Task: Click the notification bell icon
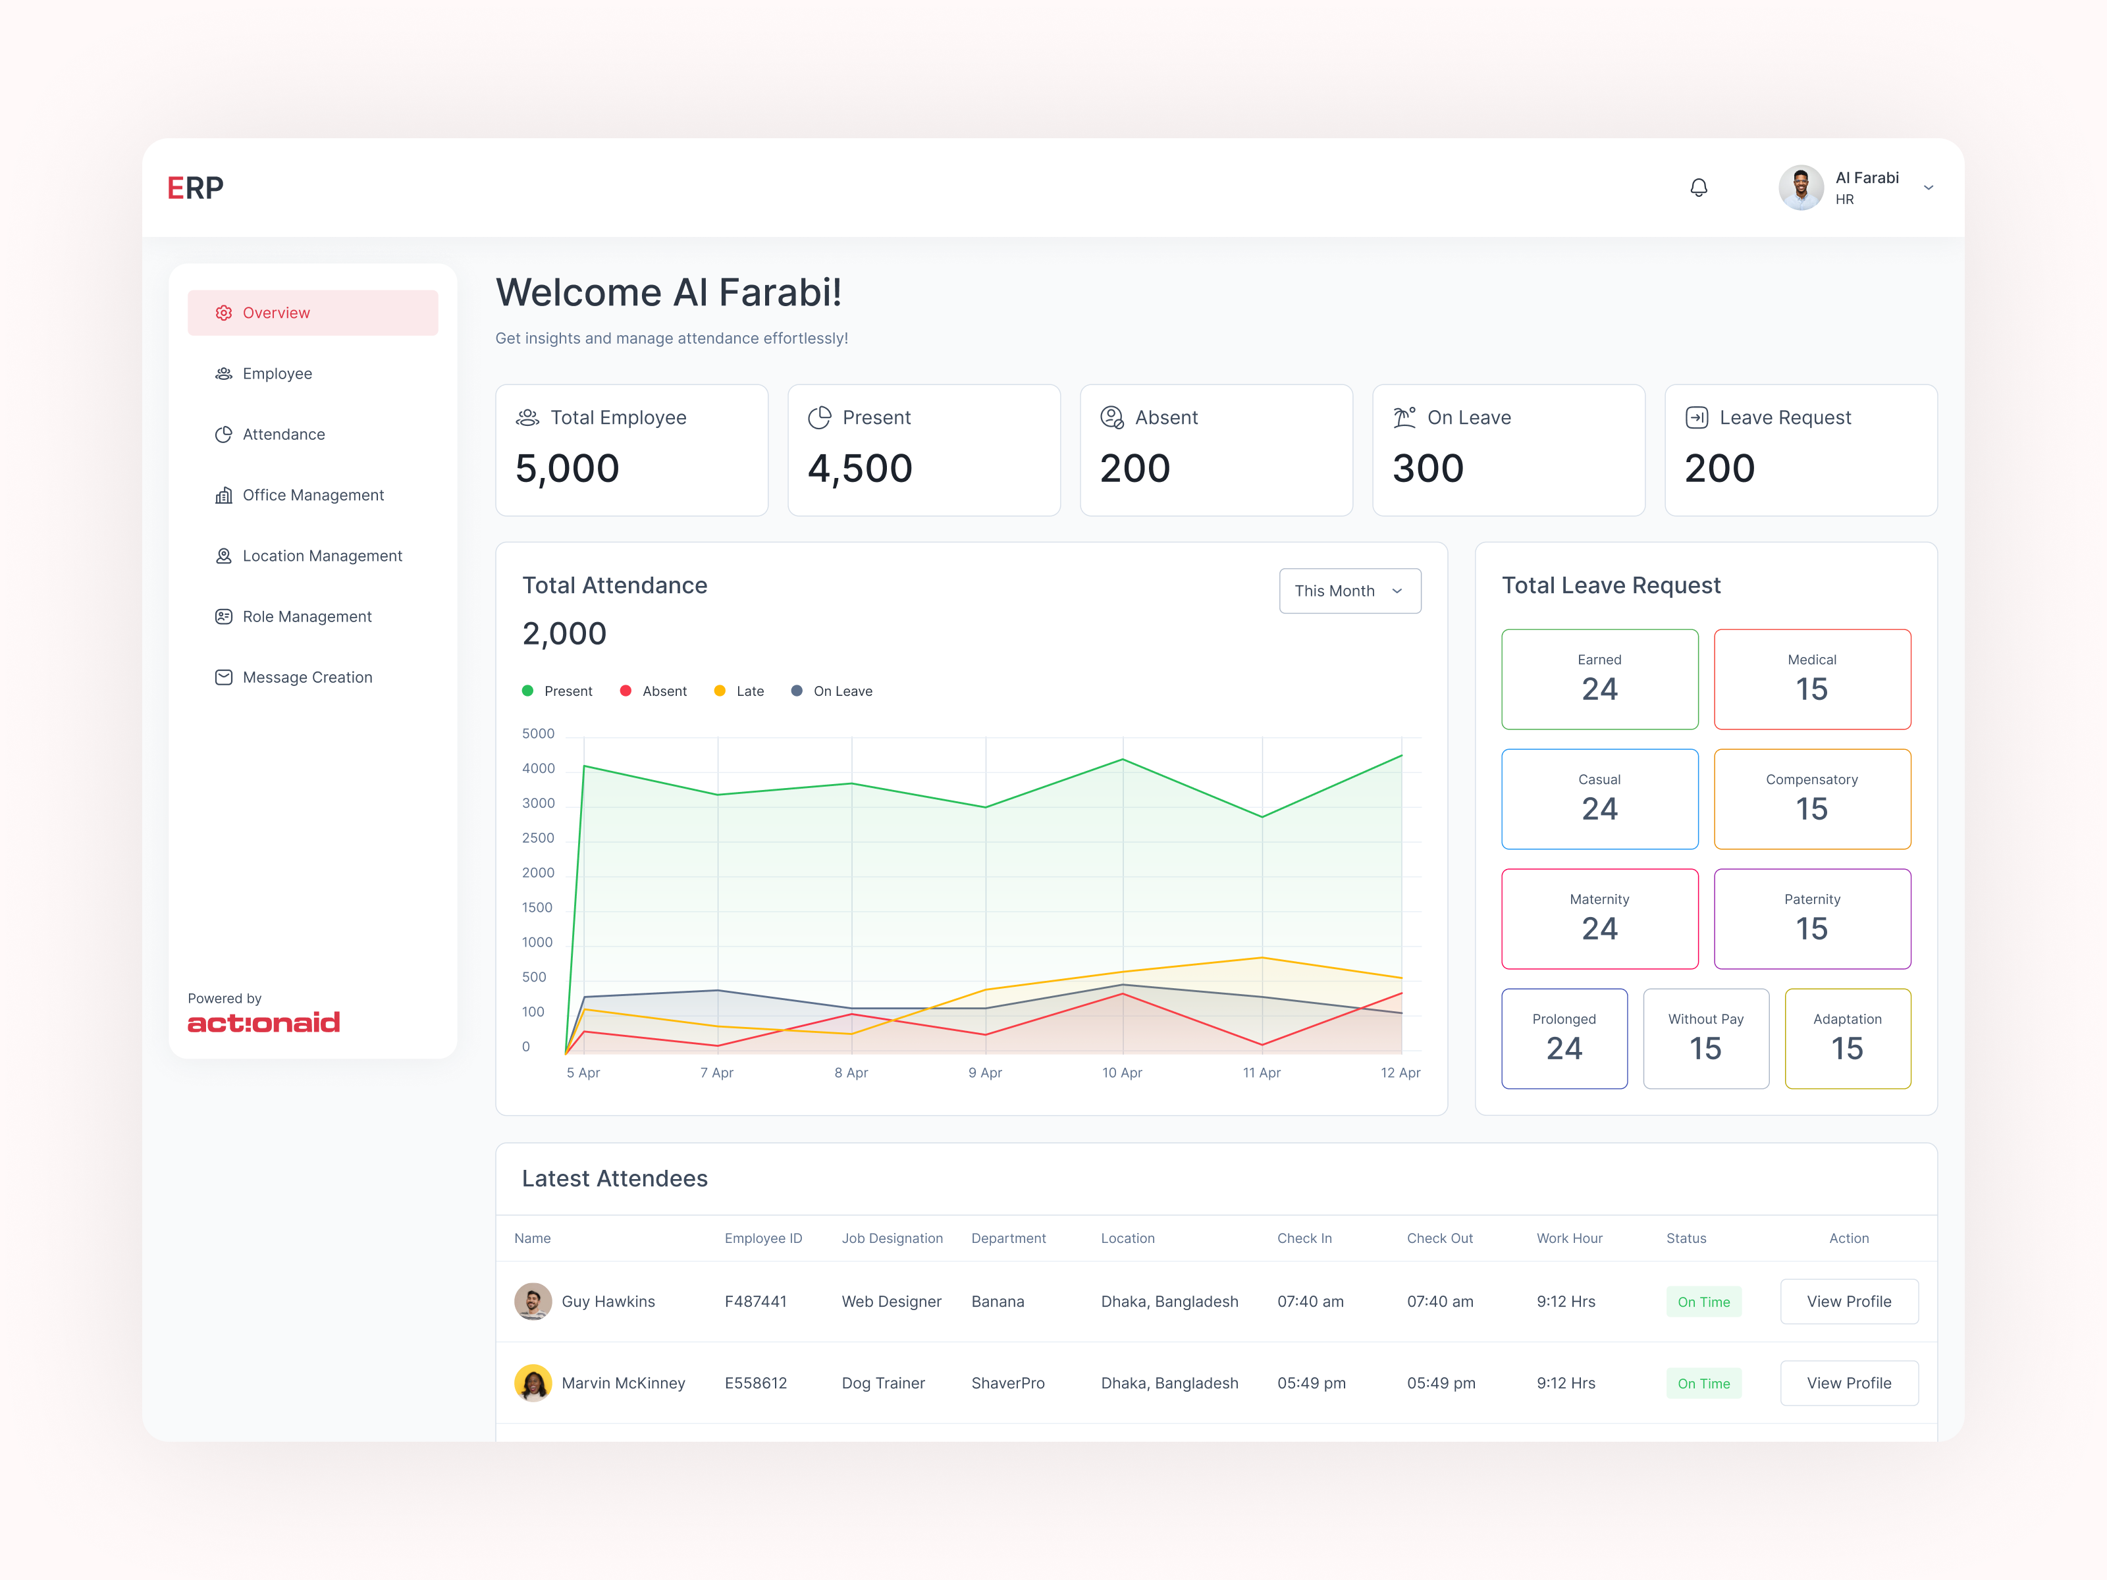tap(1698, 188)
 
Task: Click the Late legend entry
tap(739, 691)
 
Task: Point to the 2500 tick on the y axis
tap(538, 838)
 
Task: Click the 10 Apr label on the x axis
tap(1122, 1072)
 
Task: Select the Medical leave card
tap(1812, 679)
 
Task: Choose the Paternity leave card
tap(1812, 919)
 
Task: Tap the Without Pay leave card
tap(1706, 1038)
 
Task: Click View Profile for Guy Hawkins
tap(1849, 1301)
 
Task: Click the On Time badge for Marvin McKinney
tap(1703, 1383)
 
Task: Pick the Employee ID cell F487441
tap(755, 1301)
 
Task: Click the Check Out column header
tap(1439, 1238)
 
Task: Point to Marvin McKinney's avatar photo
tap(533, 1383)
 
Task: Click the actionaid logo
tap(264, 1023)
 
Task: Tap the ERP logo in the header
tap(196, 188)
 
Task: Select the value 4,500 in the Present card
tap(859, 469)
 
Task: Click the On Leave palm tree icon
tap(1404, 417)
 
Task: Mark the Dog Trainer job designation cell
tap(883, 1383)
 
